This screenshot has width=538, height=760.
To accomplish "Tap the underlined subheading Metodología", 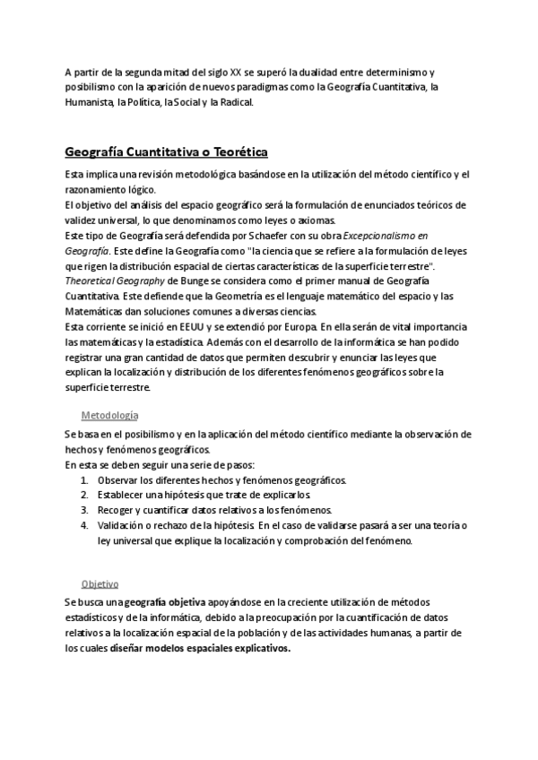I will (109, 416).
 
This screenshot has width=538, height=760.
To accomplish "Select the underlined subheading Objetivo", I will (100, 583).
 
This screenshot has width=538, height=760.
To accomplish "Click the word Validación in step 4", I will (124, 525).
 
